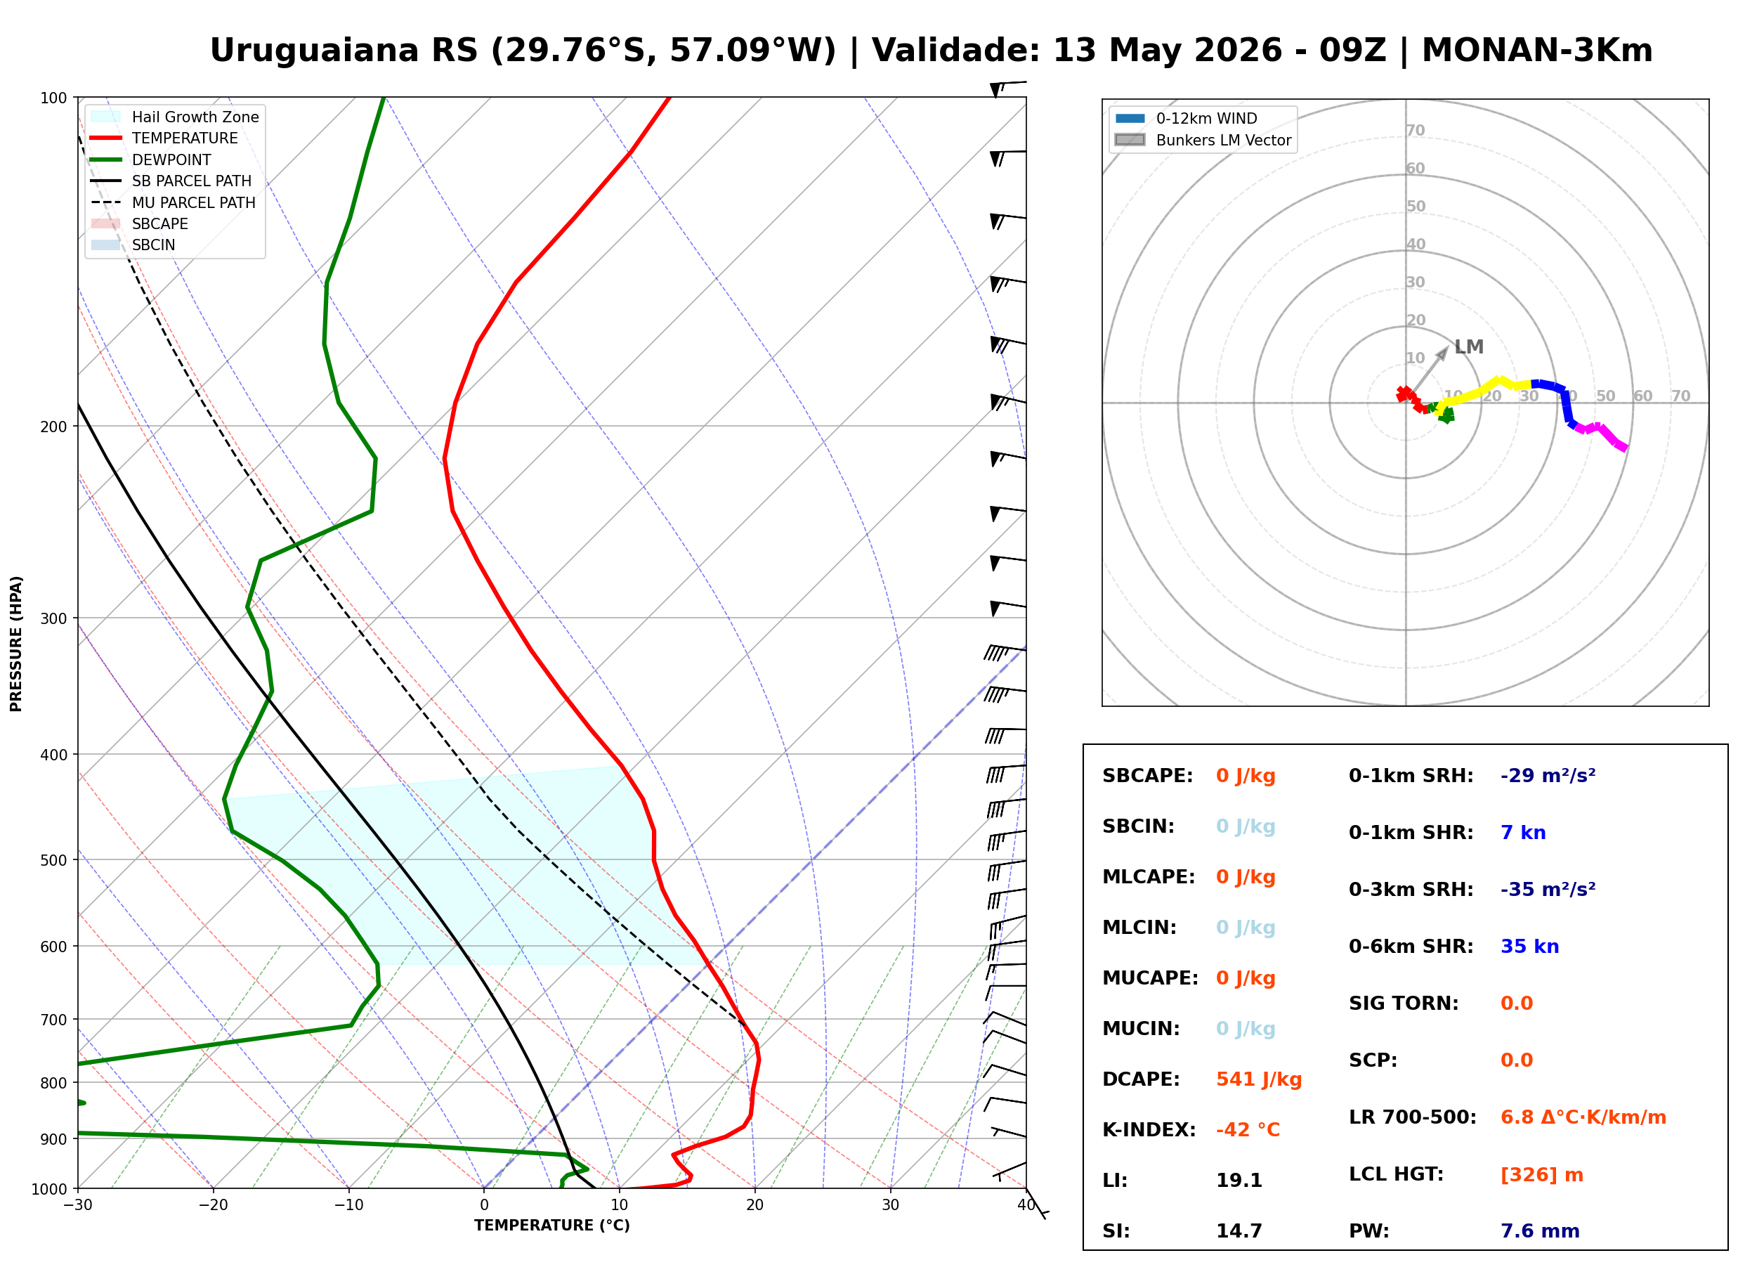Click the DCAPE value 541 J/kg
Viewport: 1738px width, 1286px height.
click(1259, 1079)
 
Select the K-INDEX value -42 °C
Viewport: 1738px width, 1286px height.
click(1248, 1130)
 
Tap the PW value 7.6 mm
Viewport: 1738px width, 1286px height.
click(1540, 1231)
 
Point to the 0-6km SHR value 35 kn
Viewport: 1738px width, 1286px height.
click(1529, 947)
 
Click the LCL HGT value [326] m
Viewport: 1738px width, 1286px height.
click(1542, 1175)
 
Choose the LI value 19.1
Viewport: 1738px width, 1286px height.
click(1239, 1181)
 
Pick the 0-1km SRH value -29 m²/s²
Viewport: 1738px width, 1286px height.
click(1548, 776)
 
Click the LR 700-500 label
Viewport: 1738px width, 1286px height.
click(1412, 1118)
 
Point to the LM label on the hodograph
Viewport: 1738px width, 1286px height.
click(1469, 347)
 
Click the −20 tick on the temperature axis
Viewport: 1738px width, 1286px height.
click(212, 1205)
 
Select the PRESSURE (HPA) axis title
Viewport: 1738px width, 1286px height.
click(16, 644)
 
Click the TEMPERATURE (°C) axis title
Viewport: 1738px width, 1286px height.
click(552, 1226)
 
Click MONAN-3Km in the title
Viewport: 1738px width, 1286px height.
click(1536, 51)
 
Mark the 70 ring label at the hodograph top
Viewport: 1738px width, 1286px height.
click(1415, 131)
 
